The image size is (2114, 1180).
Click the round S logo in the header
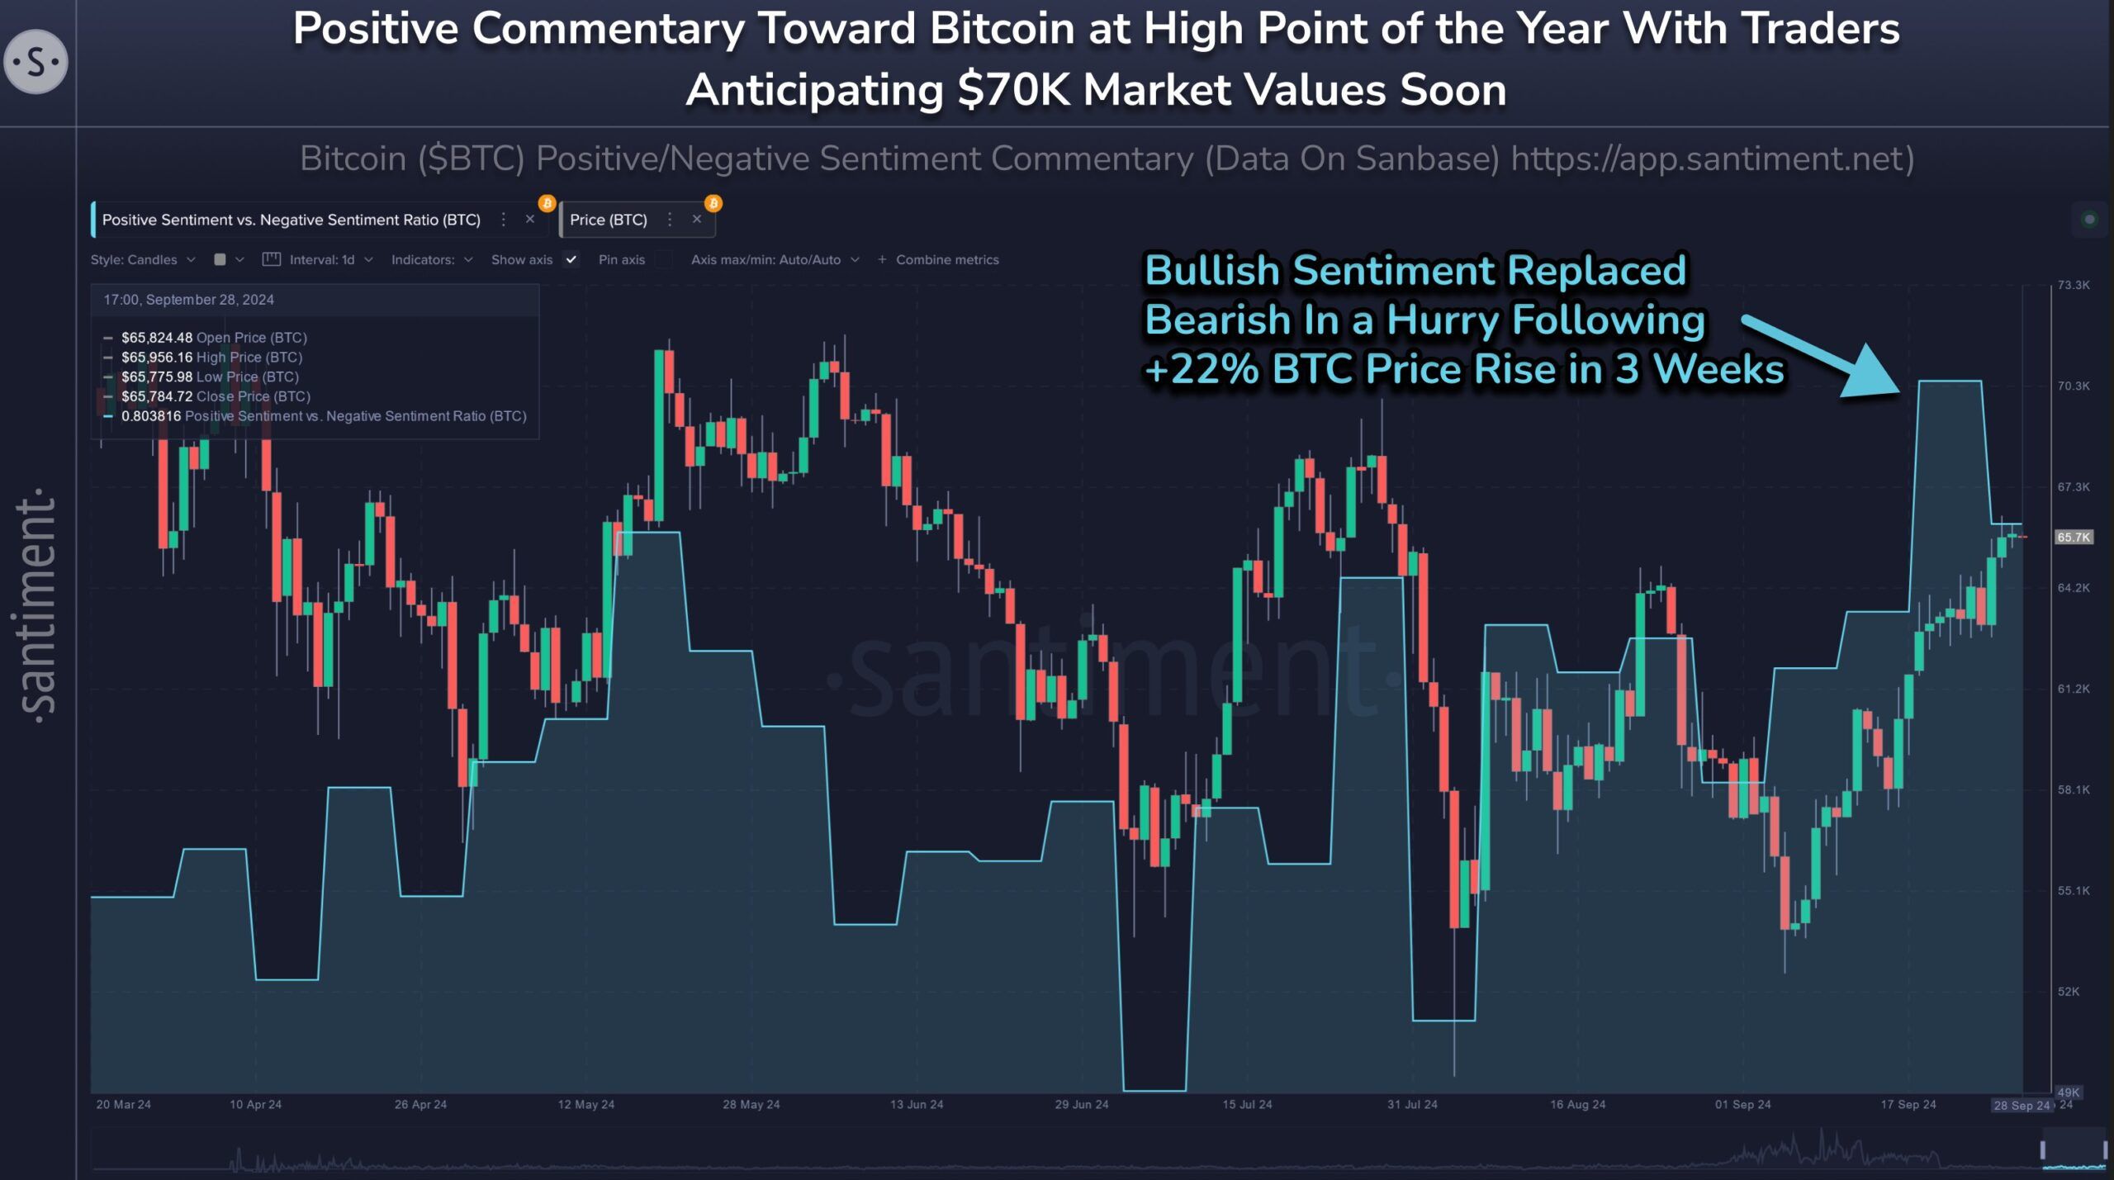[x=36, y=62]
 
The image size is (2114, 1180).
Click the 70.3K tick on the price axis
[x=2073, y=386]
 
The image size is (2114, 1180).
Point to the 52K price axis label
[x=2068, y=991]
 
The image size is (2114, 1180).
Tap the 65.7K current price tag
[x=2073, y=538]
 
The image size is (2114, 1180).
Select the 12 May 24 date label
[x=585, y=1104]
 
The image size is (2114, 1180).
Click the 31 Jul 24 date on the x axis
[x=1412, y=1104]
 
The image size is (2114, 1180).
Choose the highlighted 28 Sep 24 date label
[x=2021, y=1105]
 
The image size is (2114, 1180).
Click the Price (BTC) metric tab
[x=609, y=220]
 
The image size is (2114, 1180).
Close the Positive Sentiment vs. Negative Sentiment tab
[x=530, y=220]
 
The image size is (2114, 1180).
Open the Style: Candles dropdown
[x=143, y=259]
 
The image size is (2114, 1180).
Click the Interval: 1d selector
[x=322, y=259]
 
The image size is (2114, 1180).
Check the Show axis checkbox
[x=571, y=259]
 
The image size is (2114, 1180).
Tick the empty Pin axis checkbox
[x=664, y=259]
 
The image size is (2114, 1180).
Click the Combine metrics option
[x=946, y=259]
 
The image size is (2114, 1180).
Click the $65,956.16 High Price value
[x=157, y=358]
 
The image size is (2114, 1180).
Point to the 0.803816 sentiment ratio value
[x=151, y=416]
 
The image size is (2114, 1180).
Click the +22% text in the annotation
[x=1202, y=369]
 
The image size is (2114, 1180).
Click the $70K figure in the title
[x=1014, y=90]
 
